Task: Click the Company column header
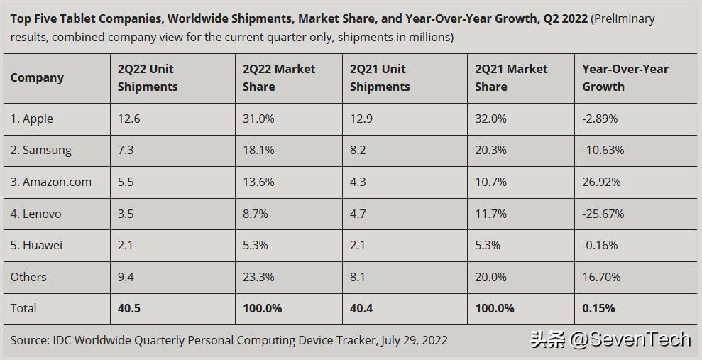coord(37,77)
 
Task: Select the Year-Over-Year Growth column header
coord(625,77)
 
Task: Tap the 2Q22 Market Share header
coord(279,77)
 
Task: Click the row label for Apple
coord(32,119)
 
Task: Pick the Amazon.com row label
coord(51,182)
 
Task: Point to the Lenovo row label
coord(36,214)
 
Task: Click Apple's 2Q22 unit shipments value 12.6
coord(129,119)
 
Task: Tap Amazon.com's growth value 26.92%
coord(601,182)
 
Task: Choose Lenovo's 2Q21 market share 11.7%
coord(491,214)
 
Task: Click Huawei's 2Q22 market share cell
coord(256,245)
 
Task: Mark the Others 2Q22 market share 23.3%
coord(258,277)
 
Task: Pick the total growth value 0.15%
coord(599,308)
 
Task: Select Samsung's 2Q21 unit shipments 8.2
coord(358,150)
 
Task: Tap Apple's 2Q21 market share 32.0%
coord(491,119)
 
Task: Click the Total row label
coord(23,308)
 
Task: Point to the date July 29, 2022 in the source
coord(415,340)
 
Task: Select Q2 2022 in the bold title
coord(566,18)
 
